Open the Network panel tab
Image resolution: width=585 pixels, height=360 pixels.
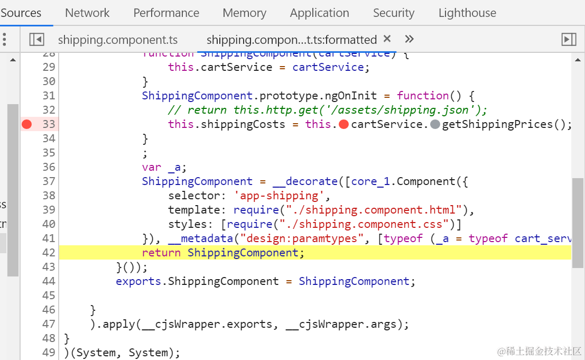87,13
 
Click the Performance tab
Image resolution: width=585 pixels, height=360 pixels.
166,13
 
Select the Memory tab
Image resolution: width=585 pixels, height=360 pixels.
244,13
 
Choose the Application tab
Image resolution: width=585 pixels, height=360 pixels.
319,13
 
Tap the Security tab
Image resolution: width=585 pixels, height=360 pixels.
393,13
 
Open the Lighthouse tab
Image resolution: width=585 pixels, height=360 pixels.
467,13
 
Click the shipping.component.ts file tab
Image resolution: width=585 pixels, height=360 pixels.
117,40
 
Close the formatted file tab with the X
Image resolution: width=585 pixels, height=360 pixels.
387,39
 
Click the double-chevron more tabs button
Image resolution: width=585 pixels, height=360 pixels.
409,39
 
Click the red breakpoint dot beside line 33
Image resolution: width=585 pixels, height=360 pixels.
27,124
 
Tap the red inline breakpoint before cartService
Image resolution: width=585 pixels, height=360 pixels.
343,124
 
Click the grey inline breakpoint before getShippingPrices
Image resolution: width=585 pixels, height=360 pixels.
435,124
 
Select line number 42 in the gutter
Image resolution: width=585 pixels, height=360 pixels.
49,253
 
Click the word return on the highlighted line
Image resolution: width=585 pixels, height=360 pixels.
161,253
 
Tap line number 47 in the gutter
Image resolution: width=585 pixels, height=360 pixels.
49,324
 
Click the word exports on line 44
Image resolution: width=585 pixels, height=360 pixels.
138,281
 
